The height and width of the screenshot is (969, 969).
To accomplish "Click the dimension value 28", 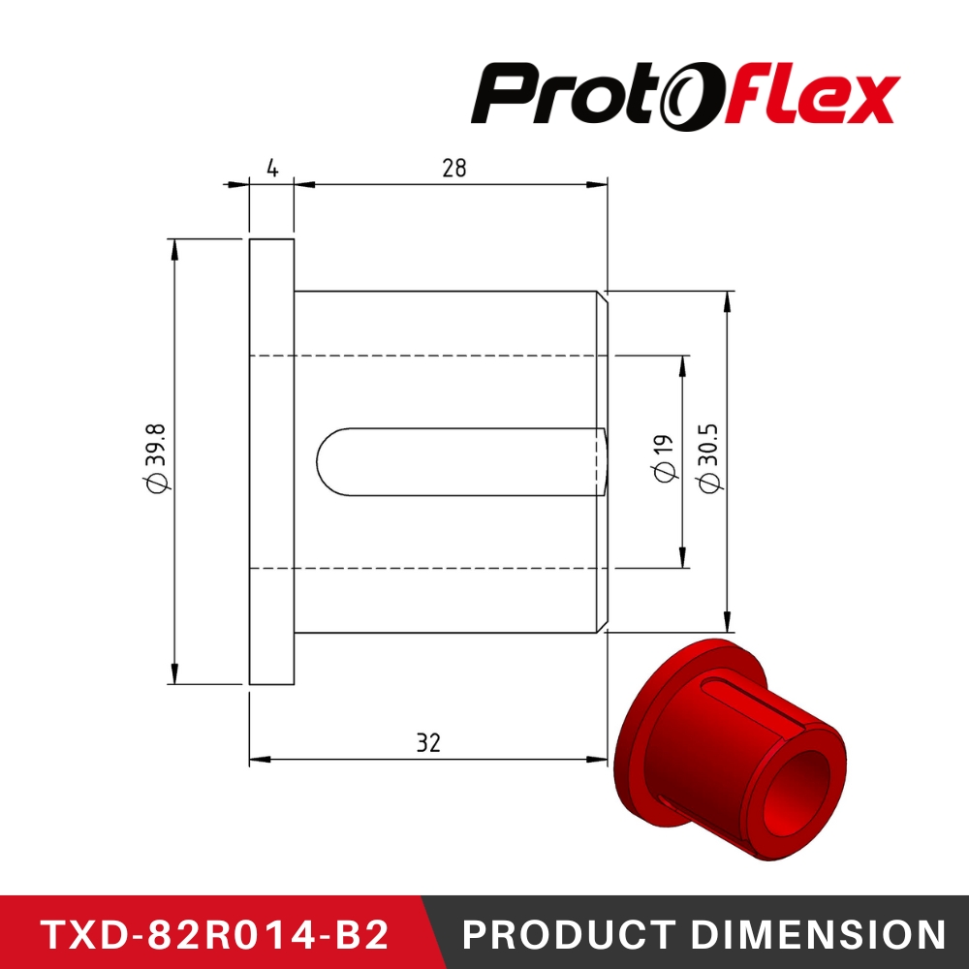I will [453, 168].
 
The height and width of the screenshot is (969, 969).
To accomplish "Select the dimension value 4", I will [272, 168].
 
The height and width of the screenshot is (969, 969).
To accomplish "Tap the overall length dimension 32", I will [428, 742].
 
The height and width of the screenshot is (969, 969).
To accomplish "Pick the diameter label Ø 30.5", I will [708, 457].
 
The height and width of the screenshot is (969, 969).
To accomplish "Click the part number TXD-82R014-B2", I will [215, 934].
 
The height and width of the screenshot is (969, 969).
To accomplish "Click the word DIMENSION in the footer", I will [817, 934].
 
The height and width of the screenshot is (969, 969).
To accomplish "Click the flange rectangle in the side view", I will [271, 461].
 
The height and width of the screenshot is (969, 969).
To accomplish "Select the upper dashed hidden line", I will [436, 356].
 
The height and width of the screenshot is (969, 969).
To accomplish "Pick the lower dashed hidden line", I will [436, 568].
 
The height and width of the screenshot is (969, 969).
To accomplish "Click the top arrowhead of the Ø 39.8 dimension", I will [174, 246].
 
